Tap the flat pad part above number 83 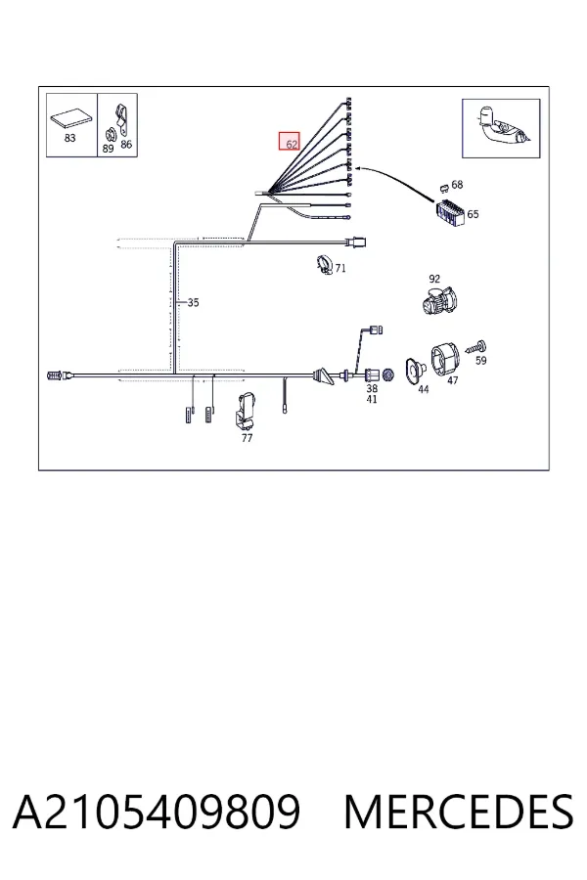point(70,120)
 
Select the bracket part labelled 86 point(121,120)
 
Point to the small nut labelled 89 point(111,135)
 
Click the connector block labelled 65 point(450,213)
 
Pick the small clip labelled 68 point(444,186)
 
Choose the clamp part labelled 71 point(325,264)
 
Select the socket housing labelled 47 point(445,359)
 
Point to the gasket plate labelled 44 point(416,371)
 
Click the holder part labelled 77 point(245,410)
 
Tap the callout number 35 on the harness point(193,302)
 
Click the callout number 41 point(372,399)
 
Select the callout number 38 point(372,388)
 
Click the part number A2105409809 point(157,812)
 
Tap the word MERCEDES point(459,812)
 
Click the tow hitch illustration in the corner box point(501,127)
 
